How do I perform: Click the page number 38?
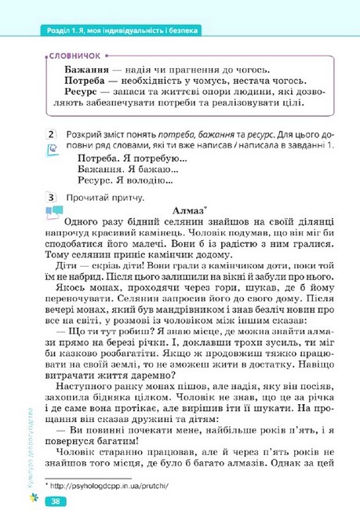pos(56,501)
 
